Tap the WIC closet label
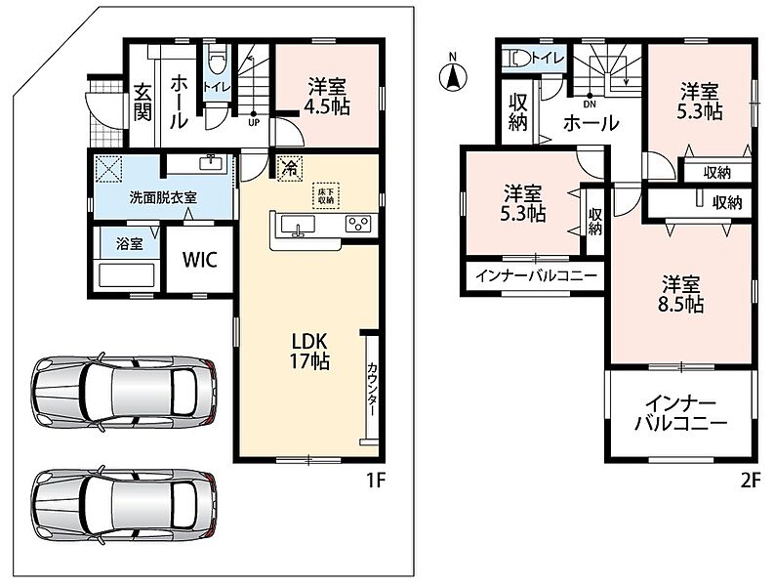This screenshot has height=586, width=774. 199,260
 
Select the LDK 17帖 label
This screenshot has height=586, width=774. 309,351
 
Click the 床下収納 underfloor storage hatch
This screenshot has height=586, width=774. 326,195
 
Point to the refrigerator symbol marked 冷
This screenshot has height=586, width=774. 291,168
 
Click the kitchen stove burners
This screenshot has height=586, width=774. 358,224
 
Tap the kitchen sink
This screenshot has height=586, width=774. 298,225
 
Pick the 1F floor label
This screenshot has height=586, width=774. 376,480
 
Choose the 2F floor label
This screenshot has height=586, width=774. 750,480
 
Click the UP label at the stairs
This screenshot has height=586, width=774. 254,123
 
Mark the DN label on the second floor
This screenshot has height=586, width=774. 590,105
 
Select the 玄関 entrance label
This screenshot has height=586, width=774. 143,104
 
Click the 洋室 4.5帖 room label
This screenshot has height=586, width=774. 327,97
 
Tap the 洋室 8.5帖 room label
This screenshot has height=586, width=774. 680,294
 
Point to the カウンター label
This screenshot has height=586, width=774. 373,390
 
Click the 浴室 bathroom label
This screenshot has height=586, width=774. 130,243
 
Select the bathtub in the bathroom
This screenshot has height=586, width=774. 127,275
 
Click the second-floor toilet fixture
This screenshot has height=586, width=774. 516,59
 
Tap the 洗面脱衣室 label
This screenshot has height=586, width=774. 163,197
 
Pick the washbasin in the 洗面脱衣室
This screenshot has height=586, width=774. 213,162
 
